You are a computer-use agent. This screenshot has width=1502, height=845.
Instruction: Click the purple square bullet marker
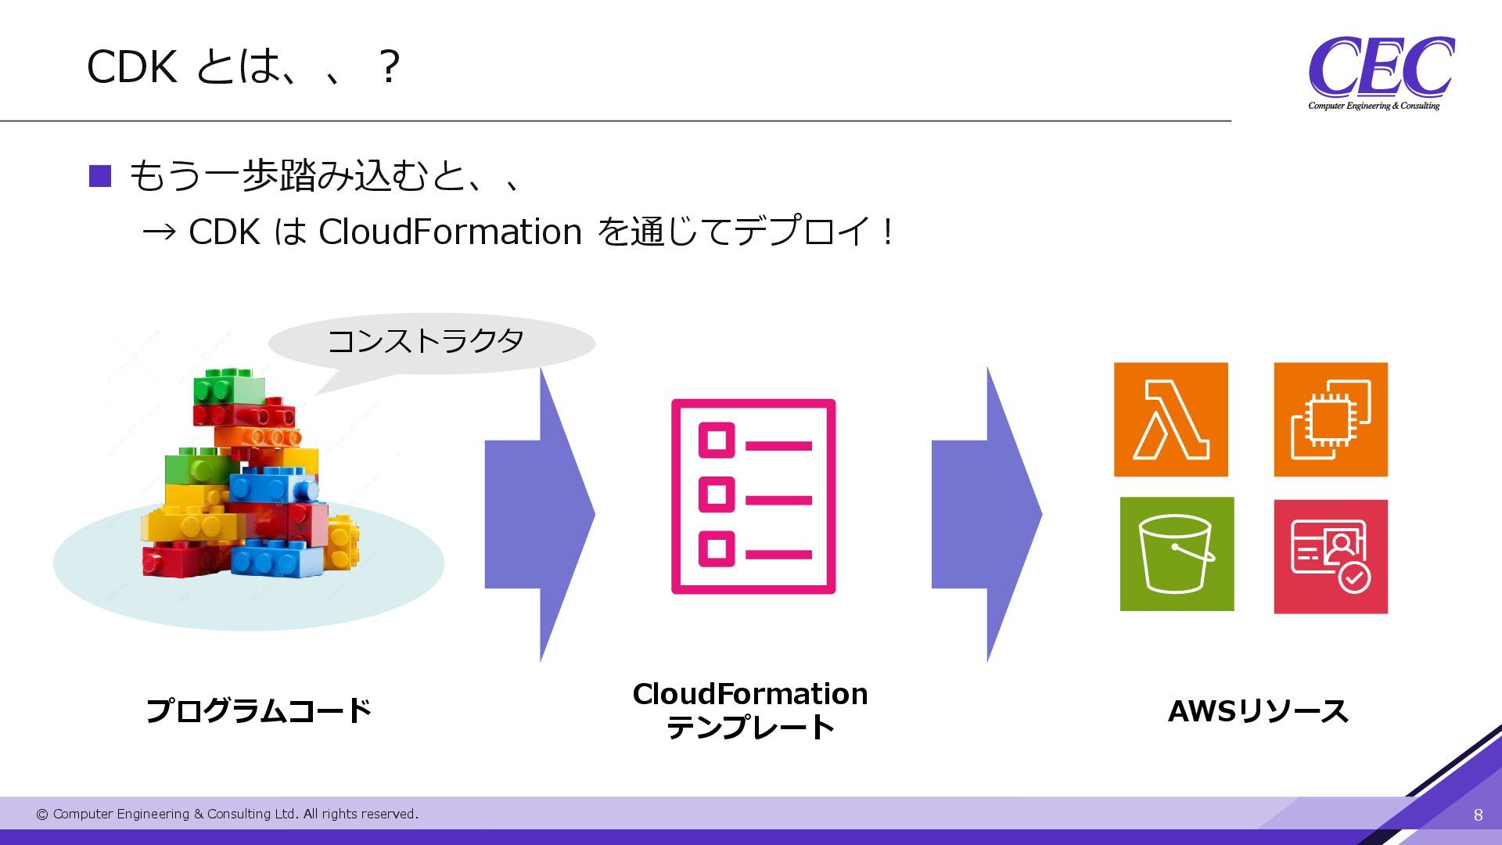click(x=100, y=176)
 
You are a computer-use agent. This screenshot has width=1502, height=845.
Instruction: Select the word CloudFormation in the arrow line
click(x=450, y=232)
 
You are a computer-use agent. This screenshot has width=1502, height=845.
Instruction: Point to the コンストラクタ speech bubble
click(x=430, y=343)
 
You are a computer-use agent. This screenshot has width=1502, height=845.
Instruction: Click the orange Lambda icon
click(x=1170, y=419)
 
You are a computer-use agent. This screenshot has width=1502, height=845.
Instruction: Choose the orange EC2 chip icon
click(x=1330, y=419)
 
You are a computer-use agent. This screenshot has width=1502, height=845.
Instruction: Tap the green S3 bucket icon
click(x=1177, y=554)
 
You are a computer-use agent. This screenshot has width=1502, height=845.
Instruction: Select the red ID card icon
click(x=1330, y=556)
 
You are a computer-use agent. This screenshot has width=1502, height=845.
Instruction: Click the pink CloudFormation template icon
click(x=753, y=496)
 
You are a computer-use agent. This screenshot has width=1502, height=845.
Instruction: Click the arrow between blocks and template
click(x=540, y=514)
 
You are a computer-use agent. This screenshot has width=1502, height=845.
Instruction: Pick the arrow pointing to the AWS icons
click(x=986, y=514)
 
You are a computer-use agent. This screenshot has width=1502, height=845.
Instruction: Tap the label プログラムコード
click(x=259, y=710)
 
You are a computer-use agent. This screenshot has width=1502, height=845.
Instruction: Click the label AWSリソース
click(x=1257, y=711)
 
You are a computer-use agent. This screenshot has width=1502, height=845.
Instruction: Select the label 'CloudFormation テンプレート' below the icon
click(x=750, y=710)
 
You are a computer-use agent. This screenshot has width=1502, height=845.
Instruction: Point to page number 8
click(x=1478, y=814)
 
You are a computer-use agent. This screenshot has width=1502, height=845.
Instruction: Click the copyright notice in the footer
click(x=227, y=814)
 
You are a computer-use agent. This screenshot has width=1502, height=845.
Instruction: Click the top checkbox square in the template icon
click(x=716, y=440)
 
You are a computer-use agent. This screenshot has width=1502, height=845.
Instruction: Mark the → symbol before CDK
click(x=160, y=232)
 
